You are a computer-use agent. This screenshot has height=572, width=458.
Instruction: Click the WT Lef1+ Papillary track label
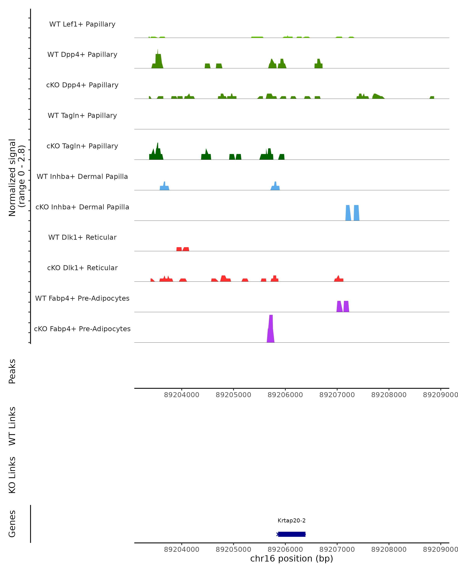coord(82,24)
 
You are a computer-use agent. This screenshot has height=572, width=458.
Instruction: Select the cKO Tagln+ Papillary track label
coord(82,146)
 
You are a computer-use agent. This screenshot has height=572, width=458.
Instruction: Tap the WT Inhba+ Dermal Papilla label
coord(82,176)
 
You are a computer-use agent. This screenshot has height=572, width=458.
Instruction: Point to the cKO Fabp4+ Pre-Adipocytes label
coord(82,329)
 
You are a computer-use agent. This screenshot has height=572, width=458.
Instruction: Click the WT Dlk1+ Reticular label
coord(82,237)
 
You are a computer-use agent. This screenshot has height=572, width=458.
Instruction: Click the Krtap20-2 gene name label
coord(292,520)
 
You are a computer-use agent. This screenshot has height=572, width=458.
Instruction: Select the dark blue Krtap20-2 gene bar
coord(292,534)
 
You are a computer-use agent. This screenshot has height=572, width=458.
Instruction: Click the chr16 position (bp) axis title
coord(292,558)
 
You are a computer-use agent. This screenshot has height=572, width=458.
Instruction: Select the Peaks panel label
coord(12,371)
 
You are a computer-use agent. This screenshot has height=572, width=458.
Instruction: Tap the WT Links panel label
coord(12,426)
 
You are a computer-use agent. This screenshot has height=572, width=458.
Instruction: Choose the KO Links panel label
coord(12,475)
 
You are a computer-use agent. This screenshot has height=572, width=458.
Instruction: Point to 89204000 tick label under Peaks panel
coord(182,395)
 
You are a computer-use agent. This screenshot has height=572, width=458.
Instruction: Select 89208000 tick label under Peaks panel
coord(389,395)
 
